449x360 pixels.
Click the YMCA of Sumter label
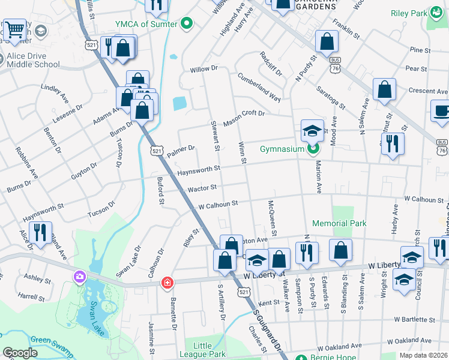click(146, 24)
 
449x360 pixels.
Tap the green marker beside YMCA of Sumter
click(187, 24)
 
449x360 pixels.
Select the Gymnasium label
click(282, 149)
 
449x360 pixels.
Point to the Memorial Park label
click(339, 223)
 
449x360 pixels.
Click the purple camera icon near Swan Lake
click(79, 277)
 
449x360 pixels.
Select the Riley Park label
click(409, 13)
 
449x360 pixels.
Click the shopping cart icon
click(16, 28)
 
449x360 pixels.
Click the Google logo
click(20, 353)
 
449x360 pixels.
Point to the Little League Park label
click(203, 350)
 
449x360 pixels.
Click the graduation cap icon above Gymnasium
click(312, 131)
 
